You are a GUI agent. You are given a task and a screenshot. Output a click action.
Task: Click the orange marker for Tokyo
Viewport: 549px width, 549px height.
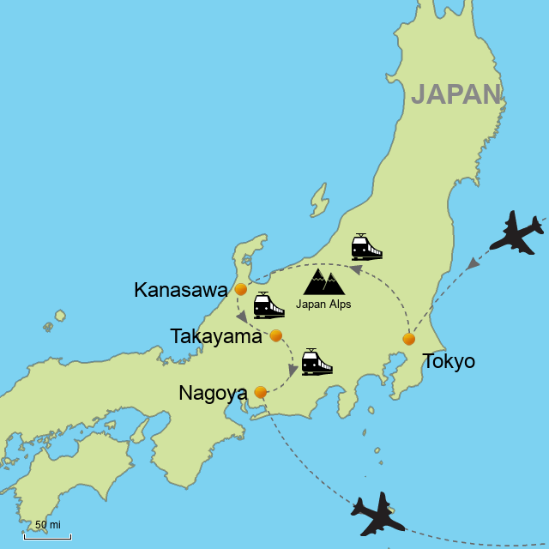[409, 339]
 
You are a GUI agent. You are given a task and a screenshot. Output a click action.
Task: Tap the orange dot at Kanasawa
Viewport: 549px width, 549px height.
[241, 289]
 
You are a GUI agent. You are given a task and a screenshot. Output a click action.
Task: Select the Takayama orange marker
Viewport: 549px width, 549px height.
[276, 335]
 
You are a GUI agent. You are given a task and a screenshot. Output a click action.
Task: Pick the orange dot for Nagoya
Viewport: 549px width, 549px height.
[261, 392]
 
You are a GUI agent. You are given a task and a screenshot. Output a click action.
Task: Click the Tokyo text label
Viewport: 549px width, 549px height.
[449, 361]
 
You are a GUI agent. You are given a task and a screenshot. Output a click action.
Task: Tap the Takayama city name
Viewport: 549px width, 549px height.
[216, 336]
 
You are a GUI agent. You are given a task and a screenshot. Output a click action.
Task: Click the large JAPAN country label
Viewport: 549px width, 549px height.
[455, 94]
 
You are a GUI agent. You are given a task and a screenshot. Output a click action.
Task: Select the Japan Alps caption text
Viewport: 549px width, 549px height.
[323, 304]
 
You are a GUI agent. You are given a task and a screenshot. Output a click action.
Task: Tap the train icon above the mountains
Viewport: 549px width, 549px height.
[366, 247]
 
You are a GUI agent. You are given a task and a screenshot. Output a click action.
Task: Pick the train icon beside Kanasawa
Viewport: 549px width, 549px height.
[268, 305]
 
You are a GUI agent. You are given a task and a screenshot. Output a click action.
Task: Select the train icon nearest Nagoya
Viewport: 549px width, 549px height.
[317, 362]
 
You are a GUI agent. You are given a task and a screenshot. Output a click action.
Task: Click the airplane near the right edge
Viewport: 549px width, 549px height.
[516, 232]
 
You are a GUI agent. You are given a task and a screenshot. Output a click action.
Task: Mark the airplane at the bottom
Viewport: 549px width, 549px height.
[377, 515]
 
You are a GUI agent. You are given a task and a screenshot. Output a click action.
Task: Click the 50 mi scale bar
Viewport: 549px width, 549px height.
[47, 536]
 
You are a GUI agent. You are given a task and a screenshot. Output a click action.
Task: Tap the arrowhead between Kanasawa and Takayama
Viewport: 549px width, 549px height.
[242, 317]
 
